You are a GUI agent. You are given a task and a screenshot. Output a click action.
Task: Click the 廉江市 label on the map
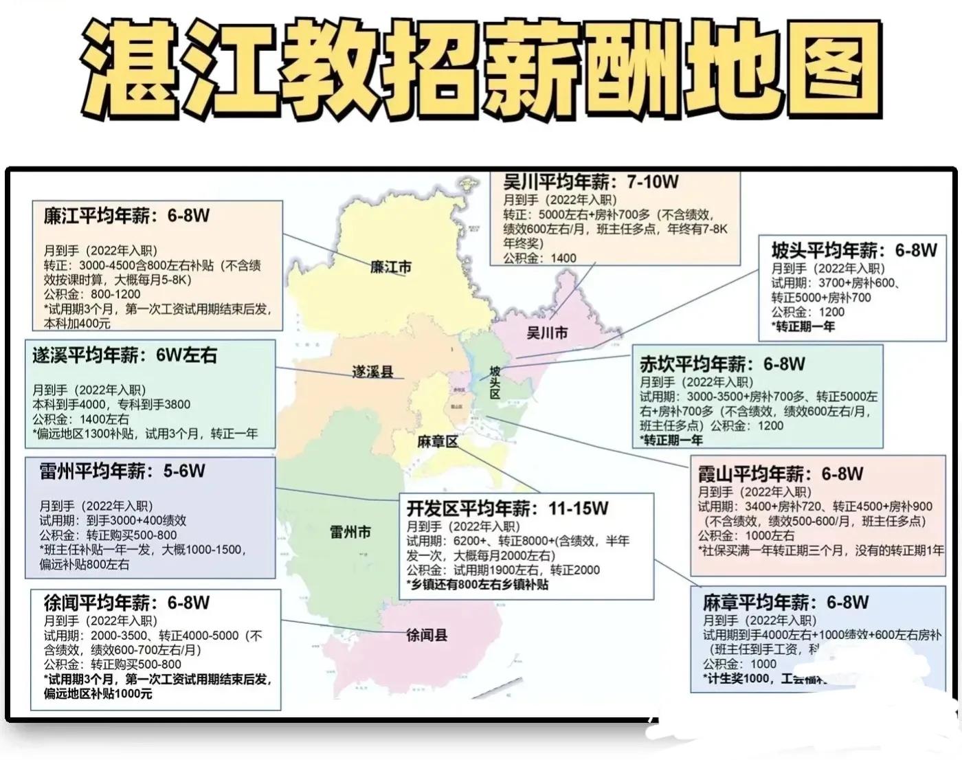[x=391, y=267]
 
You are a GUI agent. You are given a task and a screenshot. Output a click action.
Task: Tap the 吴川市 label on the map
[x=547, y=333]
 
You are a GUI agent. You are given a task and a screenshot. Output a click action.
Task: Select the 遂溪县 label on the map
[x=373, y=372]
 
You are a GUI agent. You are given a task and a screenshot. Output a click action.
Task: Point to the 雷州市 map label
[x=350, y=532]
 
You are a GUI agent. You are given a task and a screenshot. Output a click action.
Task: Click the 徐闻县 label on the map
[x=426, y=635]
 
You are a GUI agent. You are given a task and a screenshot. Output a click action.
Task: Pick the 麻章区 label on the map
[x=437, y=442]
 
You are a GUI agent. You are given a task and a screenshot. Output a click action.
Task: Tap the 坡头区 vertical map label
[x=495, y=382]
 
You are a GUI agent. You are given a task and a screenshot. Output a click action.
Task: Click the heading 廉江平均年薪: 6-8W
[x=126, y=216]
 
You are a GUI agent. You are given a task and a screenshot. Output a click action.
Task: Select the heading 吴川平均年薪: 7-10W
[x=590, y=182]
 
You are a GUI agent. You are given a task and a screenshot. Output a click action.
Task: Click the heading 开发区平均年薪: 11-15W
[x=507, y=508]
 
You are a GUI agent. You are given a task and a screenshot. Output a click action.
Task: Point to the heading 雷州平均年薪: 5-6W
[x=122, y=471]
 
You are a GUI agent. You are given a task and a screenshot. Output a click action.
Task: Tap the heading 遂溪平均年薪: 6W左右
[x=124, y=355]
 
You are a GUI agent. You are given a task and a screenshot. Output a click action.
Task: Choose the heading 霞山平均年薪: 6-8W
[x=780, y=473]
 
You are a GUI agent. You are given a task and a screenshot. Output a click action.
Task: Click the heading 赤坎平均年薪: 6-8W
[x=722, y=364]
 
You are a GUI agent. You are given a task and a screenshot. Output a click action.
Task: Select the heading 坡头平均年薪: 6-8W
[x=853, y=249]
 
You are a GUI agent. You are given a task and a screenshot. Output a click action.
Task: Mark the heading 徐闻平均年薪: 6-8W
[x=126, y=603]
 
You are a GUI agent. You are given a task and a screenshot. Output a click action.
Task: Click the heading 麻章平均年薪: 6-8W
[x=785, y=603]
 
